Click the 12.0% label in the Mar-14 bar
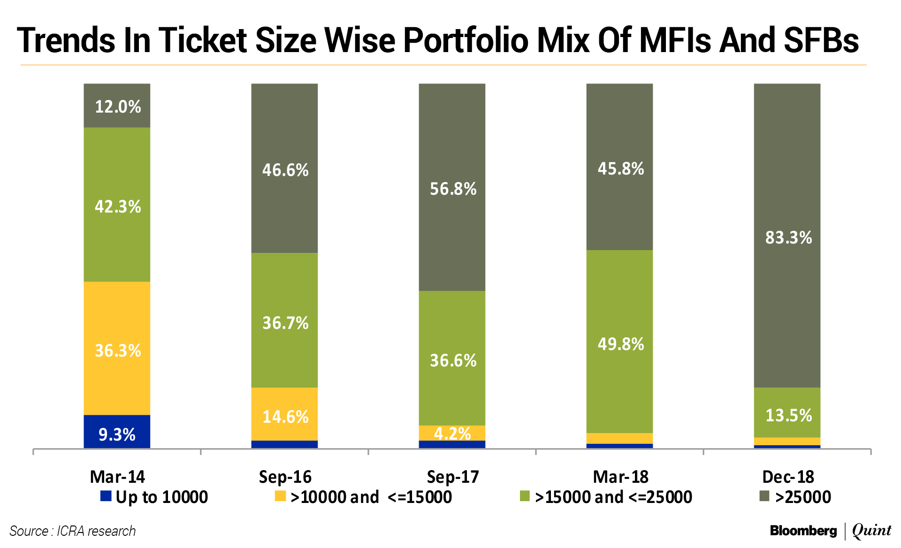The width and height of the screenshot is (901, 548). (x=118, y=107)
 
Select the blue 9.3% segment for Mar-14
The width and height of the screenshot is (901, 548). (x=117, y=432)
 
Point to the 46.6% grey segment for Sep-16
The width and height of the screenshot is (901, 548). (x=284, y=169)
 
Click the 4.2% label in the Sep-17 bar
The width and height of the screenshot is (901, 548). (x=452, y=433)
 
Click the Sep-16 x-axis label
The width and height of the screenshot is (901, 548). (x=285, y=477)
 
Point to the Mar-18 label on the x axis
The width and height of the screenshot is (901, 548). (x=620, y=477)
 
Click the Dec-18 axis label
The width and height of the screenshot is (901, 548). (x=788, y=477)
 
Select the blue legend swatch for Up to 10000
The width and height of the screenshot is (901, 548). (x=106, y=496)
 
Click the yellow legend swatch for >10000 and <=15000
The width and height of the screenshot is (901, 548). (x=280, y=496)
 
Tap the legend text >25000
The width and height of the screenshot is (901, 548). (x=803, y=497)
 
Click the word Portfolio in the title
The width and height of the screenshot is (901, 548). (x=466, y=40)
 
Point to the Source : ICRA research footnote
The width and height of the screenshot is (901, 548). (x=72, y=531)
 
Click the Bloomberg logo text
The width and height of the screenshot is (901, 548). (x=803, y=531)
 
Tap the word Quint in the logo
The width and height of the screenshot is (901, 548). (x=871, y=531)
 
